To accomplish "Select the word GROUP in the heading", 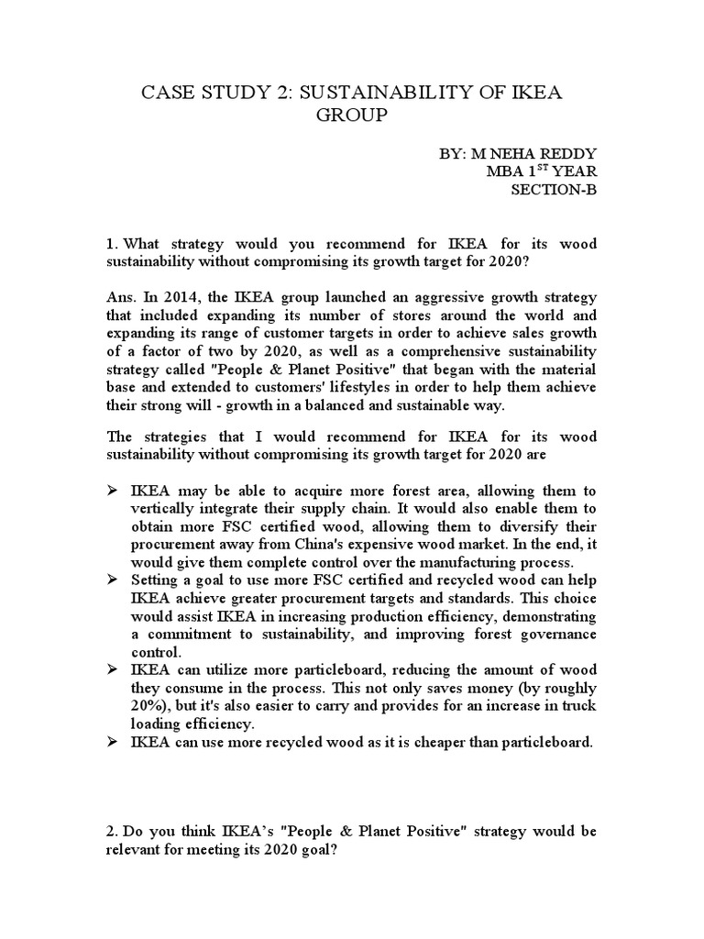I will point(351,116).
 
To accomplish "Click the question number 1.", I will point(111,244).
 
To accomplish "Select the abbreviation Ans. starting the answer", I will point(121,297).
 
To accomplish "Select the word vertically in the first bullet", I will point(164,510).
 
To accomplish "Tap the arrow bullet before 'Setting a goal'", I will point(113,580).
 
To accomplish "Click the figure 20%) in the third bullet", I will point(149,704).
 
